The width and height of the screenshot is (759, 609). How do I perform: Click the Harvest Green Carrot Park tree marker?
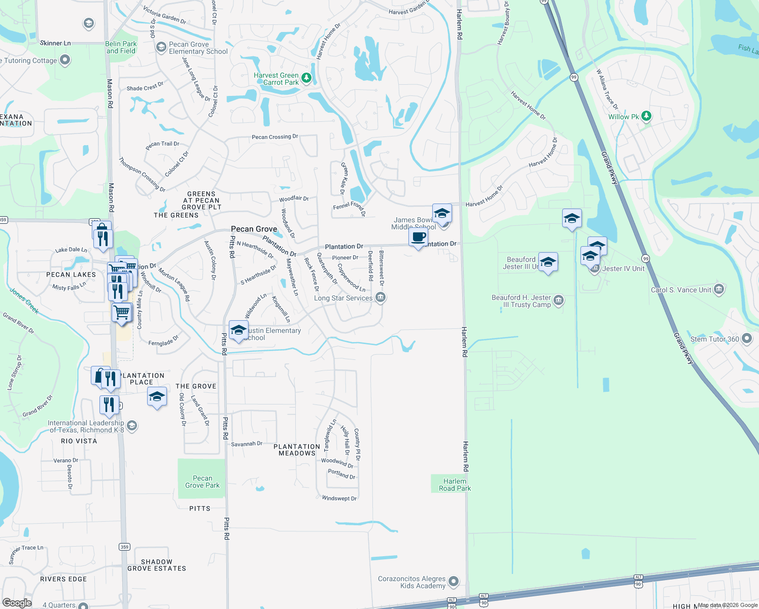306,78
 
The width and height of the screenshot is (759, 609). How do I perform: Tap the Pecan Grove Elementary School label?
198,48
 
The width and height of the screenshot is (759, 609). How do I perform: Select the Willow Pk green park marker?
646,116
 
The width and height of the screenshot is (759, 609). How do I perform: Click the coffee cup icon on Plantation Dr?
419,237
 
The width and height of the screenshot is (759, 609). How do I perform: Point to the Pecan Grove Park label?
202,482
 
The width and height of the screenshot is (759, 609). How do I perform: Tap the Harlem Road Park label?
455,485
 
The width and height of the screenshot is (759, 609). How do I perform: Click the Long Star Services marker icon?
381,298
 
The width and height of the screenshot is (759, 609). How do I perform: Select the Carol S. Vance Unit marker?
718,289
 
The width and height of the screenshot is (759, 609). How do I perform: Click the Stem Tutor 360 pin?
746,339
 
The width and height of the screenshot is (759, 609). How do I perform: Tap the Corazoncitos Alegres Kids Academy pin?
454,581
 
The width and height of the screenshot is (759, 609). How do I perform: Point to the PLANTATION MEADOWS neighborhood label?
297,450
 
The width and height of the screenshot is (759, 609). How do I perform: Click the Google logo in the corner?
17,602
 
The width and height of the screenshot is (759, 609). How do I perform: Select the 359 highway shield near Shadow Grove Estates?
124,547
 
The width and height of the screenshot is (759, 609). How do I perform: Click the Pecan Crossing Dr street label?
275,137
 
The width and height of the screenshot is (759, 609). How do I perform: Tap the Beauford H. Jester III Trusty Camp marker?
558,300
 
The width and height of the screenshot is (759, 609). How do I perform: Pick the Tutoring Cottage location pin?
64,60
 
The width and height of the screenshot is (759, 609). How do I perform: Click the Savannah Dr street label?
247,444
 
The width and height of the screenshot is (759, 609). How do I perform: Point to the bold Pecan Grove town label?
254,229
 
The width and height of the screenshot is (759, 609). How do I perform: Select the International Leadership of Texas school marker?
132,425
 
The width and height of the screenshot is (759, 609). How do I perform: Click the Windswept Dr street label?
339,498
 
